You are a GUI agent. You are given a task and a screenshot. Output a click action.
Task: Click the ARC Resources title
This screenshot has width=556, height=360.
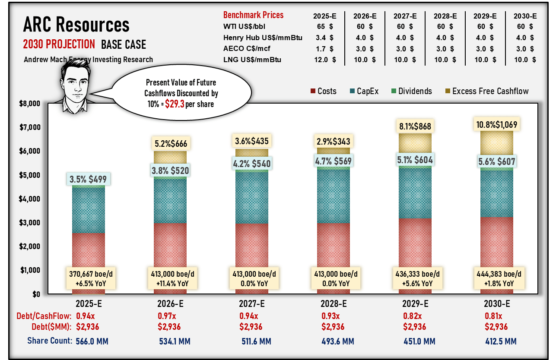[76, 25]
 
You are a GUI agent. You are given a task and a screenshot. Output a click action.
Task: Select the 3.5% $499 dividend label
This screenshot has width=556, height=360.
[89, 179]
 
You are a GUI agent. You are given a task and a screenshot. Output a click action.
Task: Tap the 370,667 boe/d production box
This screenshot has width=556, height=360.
[89, 279]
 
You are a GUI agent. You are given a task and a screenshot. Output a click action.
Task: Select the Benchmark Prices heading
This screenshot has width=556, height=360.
[252, 15]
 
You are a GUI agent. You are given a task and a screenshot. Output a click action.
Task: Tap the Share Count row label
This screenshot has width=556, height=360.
[49, 341]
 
